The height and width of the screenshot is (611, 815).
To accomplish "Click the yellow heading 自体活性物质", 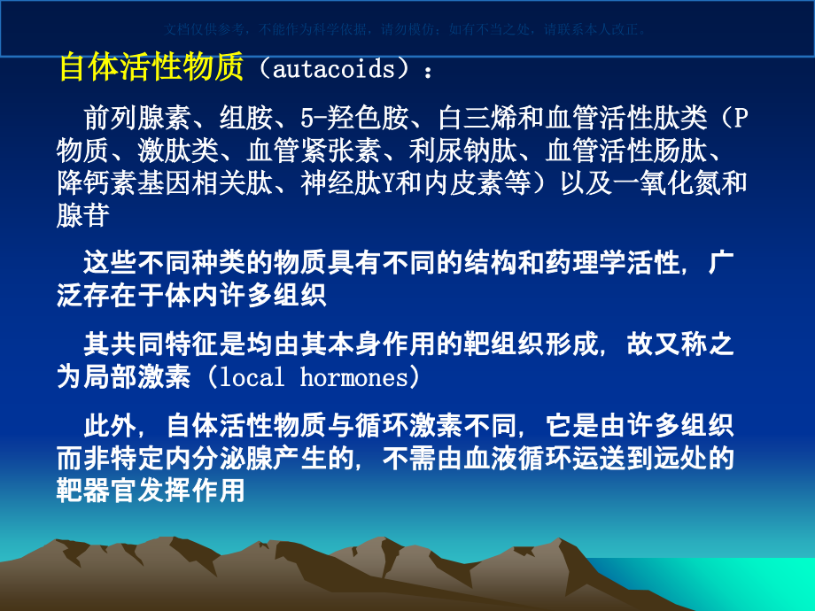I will click(x=151, y=67).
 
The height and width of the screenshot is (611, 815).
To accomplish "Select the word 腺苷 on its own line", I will click(x=82, y=216).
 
